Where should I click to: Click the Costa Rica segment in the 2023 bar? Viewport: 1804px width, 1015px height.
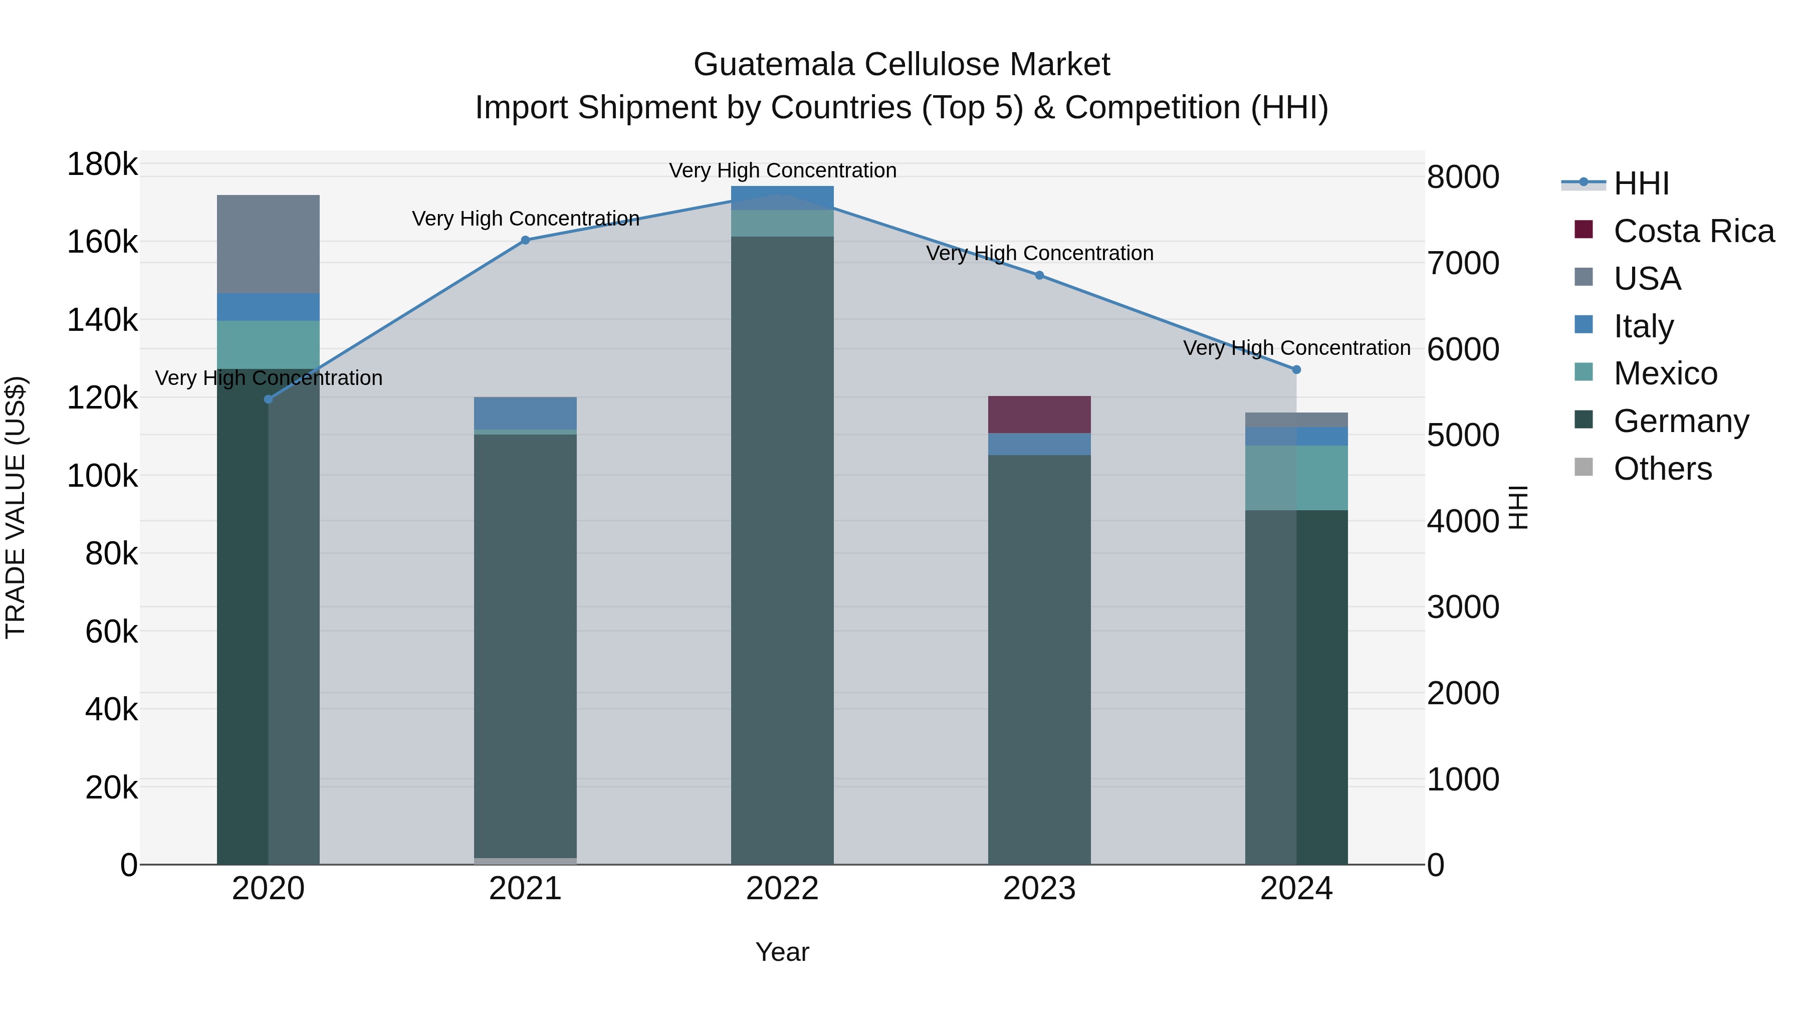tap(1039, 414)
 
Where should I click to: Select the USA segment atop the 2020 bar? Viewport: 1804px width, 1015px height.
tap(268, 244)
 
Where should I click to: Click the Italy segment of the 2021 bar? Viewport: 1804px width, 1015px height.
tap(525, 413)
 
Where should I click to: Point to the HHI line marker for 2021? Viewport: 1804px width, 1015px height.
tap(525, 240)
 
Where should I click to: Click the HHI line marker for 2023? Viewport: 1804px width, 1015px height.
tap(1039, 275)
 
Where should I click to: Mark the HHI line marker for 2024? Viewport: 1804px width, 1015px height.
tap(1296, 369)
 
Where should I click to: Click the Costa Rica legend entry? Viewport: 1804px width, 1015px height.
tap(1693, 231)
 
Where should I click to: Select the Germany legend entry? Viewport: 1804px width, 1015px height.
tap(1681, 421)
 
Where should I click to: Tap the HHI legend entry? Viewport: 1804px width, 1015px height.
tap(1641, 183)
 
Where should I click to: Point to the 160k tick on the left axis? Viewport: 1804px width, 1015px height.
tap(102, 243)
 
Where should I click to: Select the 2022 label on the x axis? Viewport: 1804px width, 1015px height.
tap(782, 889)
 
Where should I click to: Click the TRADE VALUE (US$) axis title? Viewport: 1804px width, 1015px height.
tap(16, 507)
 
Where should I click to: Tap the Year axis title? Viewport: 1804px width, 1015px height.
tap(782, 952)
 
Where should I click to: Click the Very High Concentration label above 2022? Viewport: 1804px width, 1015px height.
tap(782, 170)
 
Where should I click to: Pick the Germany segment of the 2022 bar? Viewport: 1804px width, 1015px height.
tap(782, 550)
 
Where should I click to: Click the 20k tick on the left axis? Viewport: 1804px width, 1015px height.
tap(111, 787)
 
